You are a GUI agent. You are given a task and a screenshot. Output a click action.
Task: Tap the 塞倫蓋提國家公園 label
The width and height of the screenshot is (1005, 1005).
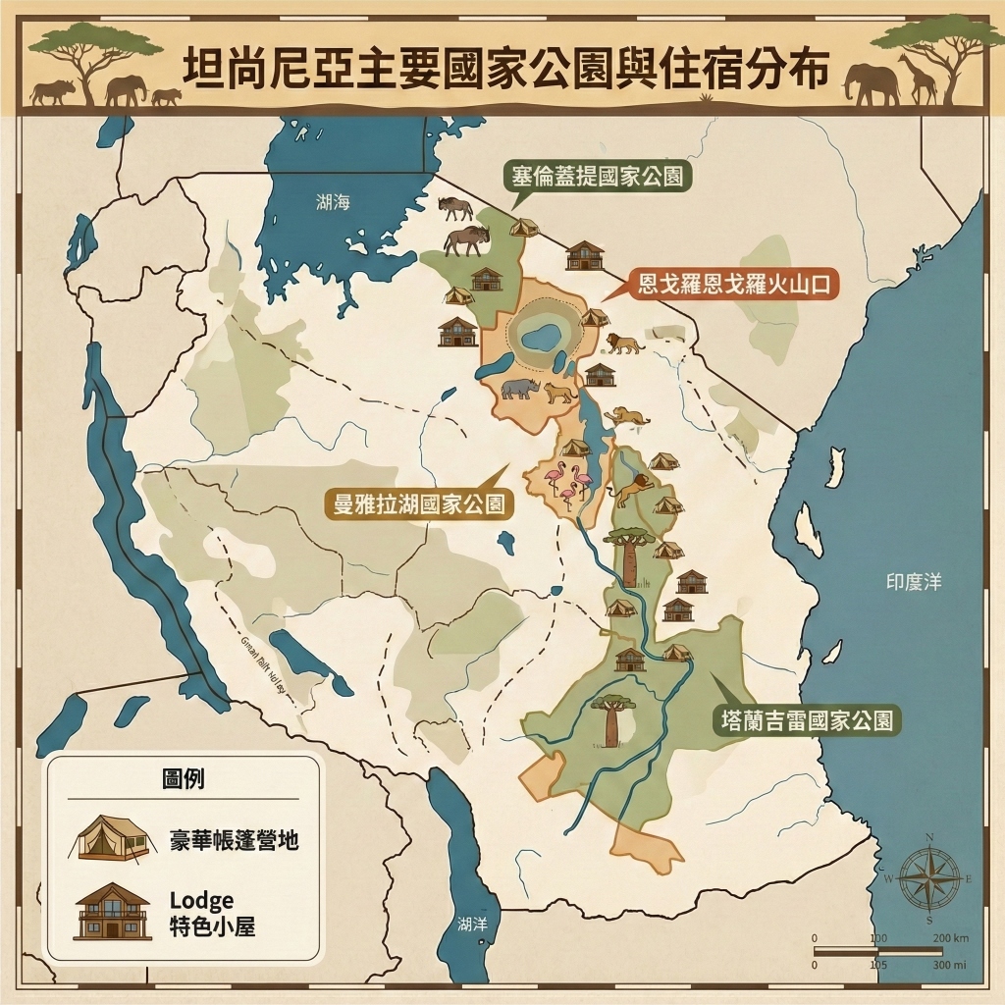[597, 177]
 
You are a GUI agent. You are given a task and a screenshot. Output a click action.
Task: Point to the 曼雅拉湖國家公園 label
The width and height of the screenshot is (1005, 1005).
[419, 504]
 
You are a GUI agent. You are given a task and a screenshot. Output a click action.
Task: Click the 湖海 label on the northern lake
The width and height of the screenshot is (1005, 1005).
[333, 202]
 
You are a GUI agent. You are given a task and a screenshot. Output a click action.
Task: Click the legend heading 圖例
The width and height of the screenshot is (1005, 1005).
[184, 779]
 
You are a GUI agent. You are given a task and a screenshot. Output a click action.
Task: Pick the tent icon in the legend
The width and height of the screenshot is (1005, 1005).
[114, 838]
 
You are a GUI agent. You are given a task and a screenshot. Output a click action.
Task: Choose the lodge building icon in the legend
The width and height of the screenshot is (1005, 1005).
[113, 910]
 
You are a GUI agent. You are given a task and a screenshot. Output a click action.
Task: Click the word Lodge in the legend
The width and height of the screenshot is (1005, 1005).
[201, 900]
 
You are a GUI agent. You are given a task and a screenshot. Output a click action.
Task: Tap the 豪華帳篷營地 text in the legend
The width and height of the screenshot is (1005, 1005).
[234, 840]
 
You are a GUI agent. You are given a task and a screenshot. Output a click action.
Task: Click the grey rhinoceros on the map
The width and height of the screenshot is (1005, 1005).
[519, 389]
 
